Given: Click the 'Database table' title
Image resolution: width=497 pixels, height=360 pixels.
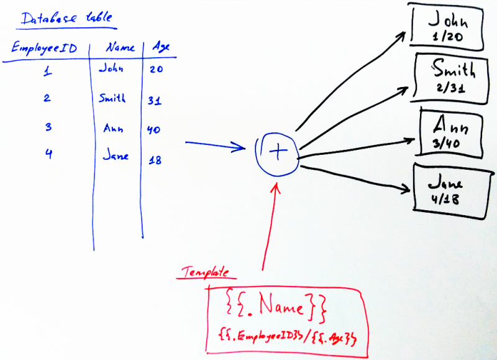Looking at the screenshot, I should (66, 19).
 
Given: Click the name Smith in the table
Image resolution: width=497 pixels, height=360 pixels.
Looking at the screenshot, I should (112, 98).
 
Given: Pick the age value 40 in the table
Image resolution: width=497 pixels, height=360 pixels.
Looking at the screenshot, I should (153, 130).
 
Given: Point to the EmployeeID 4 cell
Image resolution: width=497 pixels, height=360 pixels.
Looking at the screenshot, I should (48, 153).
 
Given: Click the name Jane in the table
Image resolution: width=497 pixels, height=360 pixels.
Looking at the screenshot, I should (115, 155).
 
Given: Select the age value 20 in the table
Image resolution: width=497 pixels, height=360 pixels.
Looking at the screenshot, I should (156, 69).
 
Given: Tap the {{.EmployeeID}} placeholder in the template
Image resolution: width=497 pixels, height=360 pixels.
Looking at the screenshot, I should (259, 336).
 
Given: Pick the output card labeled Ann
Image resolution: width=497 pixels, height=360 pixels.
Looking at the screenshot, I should (447, 132).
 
